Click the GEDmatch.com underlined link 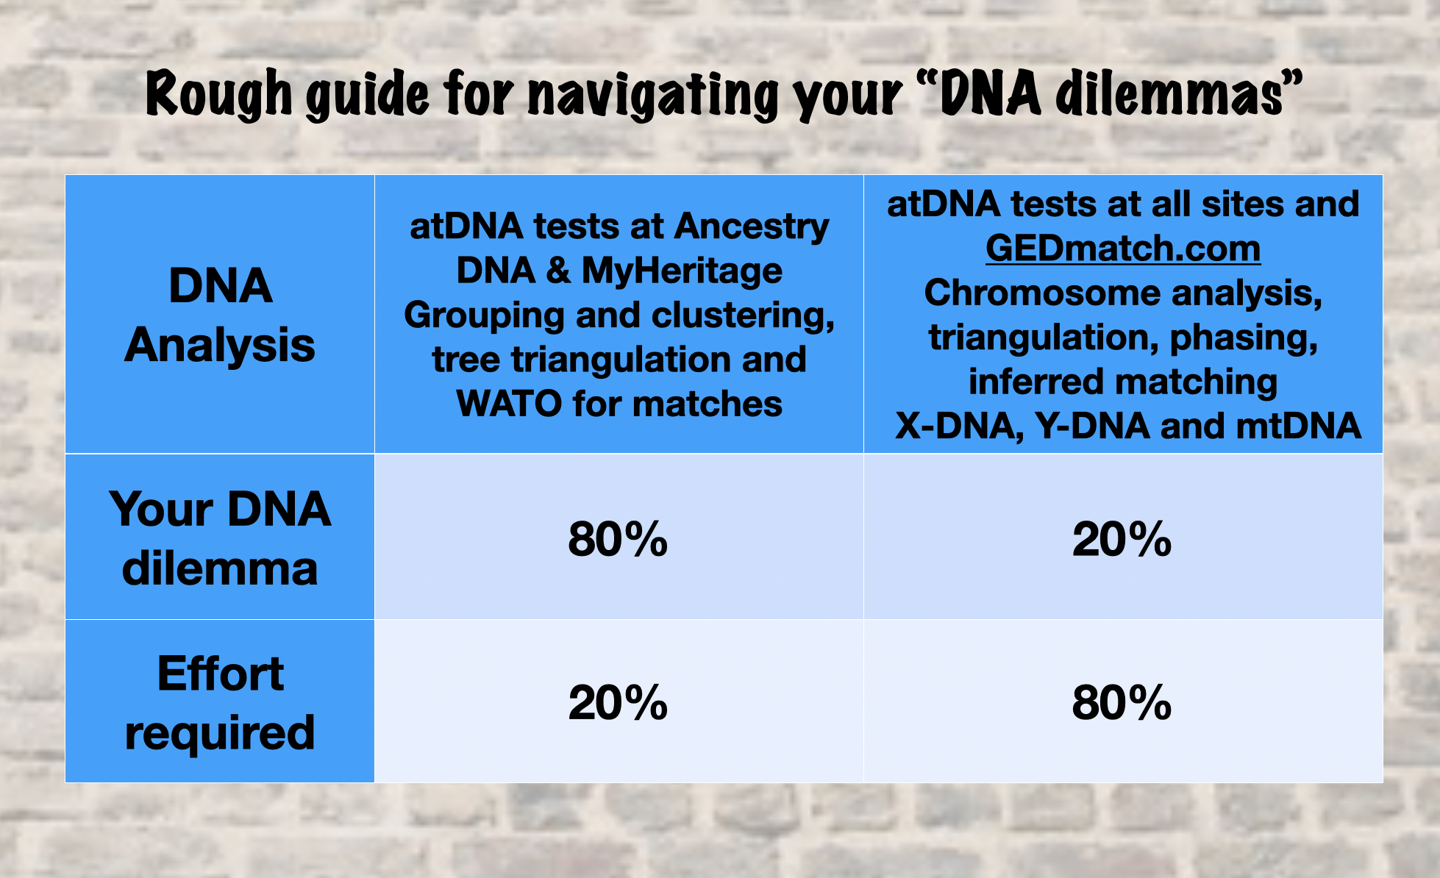(x=1122, y=249)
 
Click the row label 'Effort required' (x=220, y=703)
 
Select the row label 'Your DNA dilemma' (x=220, y=539)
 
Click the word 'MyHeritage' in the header (x=682, y=271)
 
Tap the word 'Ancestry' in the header (x=752, y=226)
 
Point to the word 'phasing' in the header (x=1243, y=338)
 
